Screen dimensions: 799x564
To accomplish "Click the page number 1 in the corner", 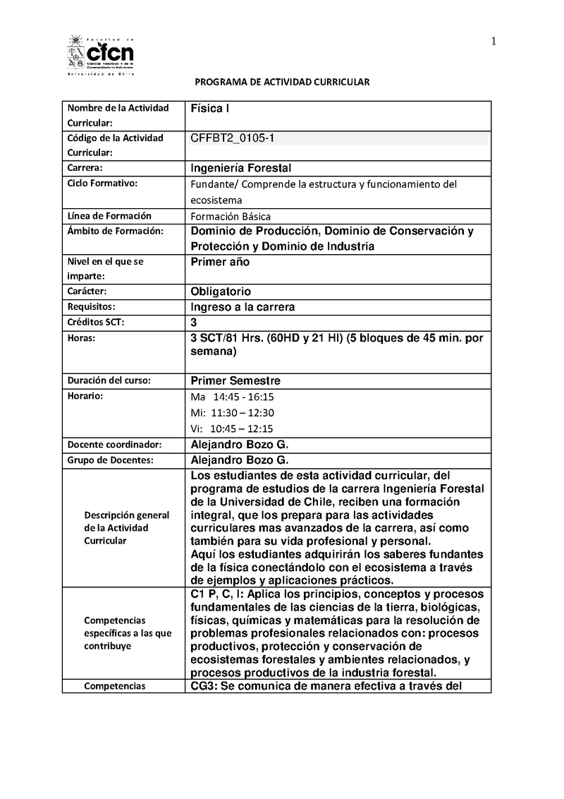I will (494, 41).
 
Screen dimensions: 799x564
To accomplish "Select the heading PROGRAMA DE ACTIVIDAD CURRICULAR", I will (282, 83).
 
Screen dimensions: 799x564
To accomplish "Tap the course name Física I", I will (210, 109).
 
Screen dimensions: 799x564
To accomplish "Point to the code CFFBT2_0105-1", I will (233, 138).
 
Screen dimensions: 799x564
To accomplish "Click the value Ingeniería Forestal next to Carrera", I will (241, 168).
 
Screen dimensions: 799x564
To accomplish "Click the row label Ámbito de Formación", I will (115, 231).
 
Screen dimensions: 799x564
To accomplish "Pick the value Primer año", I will (220, 261).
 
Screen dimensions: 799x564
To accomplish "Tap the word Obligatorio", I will (221, 292).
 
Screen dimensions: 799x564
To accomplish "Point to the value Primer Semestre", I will (235, 380).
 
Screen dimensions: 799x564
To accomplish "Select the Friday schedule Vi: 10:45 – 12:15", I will (232, 428).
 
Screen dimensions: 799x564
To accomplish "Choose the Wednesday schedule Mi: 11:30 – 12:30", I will (232, 413).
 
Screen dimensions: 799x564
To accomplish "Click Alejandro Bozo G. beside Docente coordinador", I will (240, 445).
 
